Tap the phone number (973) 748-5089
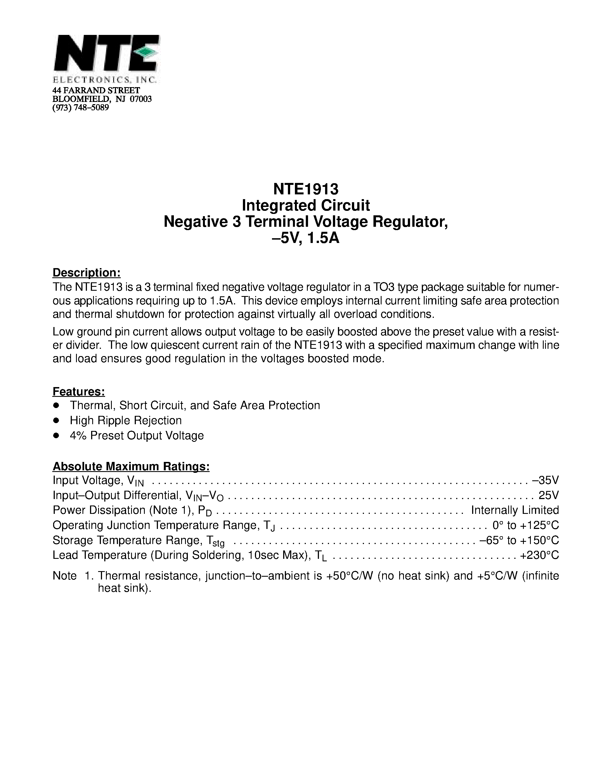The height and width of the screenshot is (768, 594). point(81,108)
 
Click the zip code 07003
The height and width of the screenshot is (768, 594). point(141,99)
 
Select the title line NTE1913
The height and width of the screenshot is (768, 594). point(306,189)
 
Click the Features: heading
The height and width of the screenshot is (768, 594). point(79,391)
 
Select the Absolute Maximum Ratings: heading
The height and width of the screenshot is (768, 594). point(131,466)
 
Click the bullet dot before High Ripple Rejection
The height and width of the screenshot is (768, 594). point(56,420)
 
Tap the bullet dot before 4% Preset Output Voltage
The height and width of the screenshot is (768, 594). point(56,435)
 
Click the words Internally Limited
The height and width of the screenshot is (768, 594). point(515,510)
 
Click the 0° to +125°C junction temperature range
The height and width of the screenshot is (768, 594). point(526,525)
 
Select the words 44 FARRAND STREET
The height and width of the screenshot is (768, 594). point(96,91)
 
